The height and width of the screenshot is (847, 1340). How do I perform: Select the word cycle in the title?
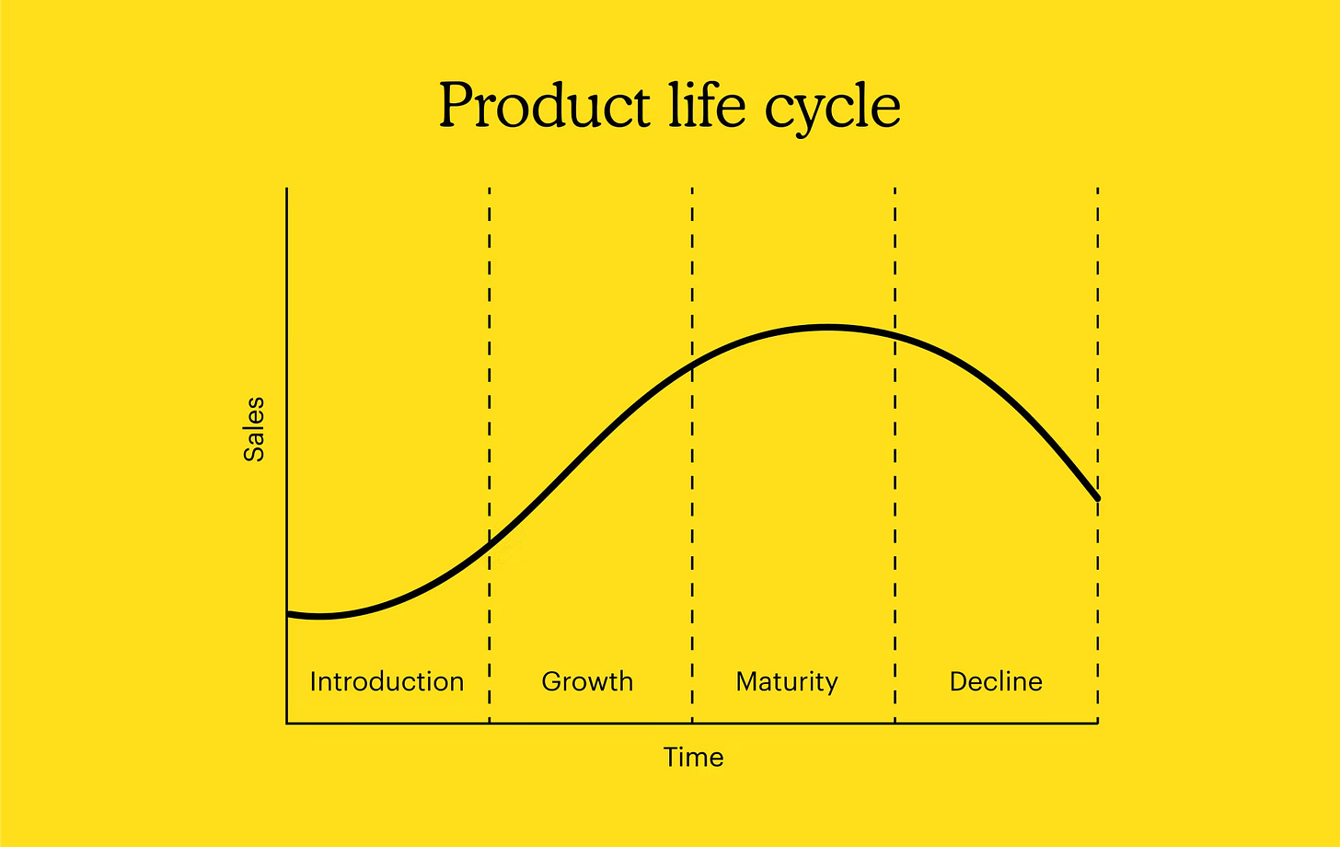tap(832, 109)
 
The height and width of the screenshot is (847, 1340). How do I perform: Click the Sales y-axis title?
tap(254, 429)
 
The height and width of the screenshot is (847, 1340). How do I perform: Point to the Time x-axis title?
tap(693, 758)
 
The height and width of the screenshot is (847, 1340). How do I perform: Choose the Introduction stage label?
tap(387, 682)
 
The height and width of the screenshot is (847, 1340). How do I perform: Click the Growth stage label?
tap(587, 682)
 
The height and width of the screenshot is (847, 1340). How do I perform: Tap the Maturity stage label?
tap(787, 682)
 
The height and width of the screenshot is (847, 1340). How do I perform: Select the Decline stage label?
tap(996, 682)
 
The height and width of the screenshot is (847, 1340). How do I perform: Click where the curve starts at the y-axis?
tap(288, 614)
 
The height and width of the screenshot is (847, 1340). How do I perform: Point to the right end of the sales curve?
tap(1097, 499)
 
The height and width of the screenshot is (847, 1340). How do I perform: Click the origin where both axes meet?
tap(287, 723)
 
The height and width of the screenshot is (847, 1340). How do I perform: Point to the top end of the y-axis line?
tap(287, 189)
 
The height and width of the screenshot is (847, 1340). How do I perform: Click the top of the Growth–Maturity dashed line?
tap(692, 189)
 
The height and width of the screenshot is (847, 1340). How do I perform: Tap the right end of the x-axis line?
tap(1097, 723)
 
